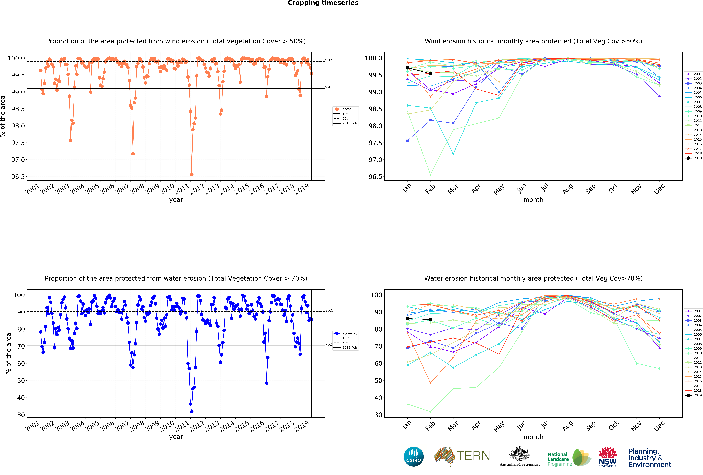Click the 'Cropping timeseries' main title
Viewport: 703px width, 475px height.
tap(323, 3)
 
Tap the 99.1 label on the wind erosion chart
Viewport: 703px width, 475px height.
tap(329, 87)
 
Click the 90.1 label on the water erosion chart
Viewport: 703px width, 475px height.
tap(329, 311)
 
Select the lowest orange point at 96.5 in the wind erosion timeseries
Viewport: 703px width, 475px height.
tap(191, 174)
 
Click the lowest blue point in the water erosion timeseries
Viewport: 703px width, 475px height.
tap(191, 412)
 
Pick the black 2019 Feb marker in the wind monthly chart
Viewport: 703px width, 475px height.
tap(430, 73)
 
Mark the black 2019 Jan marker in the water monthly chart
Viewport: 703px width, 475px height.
tap(407, 319)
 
